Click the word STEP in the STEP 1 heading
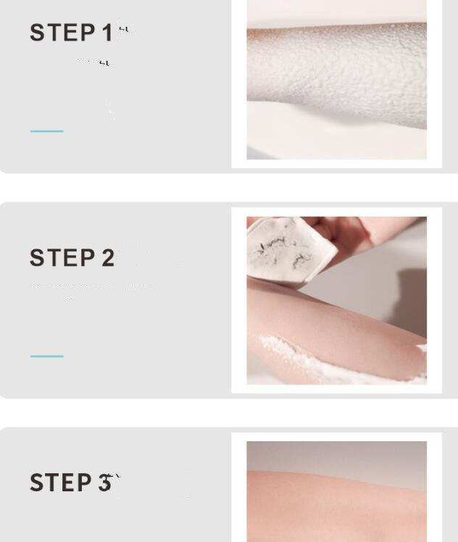[62, 33]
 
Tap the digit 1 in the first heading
[107, 33]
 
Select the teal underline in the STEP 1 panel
[47, 131]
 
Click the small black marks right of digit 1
[125, 29]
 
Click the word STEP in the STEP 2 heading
[62, 258]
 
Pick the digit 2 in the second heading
[107, 258]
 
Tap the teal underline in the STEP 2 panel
[47, 356]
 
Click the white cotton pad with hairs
[290, 250]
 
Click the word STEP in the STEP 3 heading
[62, 483]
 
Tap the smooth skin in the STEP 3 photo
[337, 507]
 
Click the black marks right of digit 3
[114, 478]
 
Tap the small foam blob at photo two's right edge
[421, 349]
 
